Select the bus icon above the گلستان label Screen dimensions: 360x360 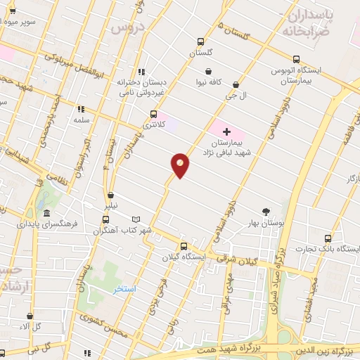200,41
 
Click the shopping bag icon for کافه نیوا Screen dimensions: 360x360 209,71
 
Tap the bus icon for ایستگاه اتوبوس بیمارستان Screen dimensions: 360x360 297,59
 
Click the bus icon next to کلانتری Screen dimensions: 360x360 153,113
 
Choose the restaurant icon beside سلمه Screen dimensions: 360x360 81,109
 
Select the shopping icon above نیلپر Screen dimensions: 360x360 111,195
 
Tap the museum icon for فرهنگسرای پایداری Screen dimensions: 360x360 46,214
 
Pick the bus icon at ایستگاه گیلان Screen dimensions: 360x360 184,246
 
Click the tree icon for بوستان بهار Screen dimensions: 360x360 266,212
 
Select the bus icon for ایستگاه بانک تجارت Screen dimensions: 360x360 326,238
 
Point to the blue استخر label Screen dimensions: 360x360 125,289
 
